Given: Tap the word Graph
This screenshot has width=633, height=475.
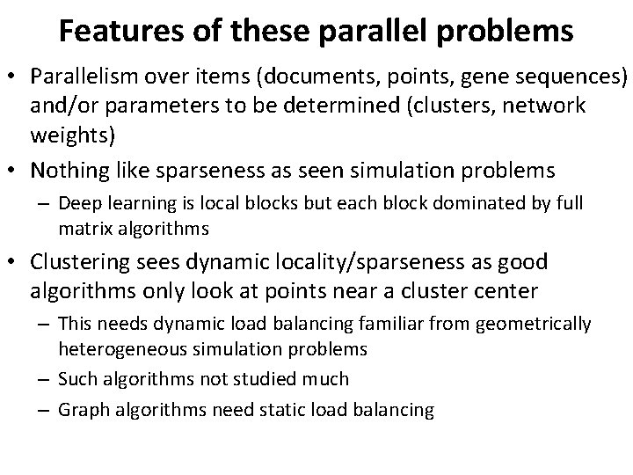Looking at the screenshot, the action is [81, 410].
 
